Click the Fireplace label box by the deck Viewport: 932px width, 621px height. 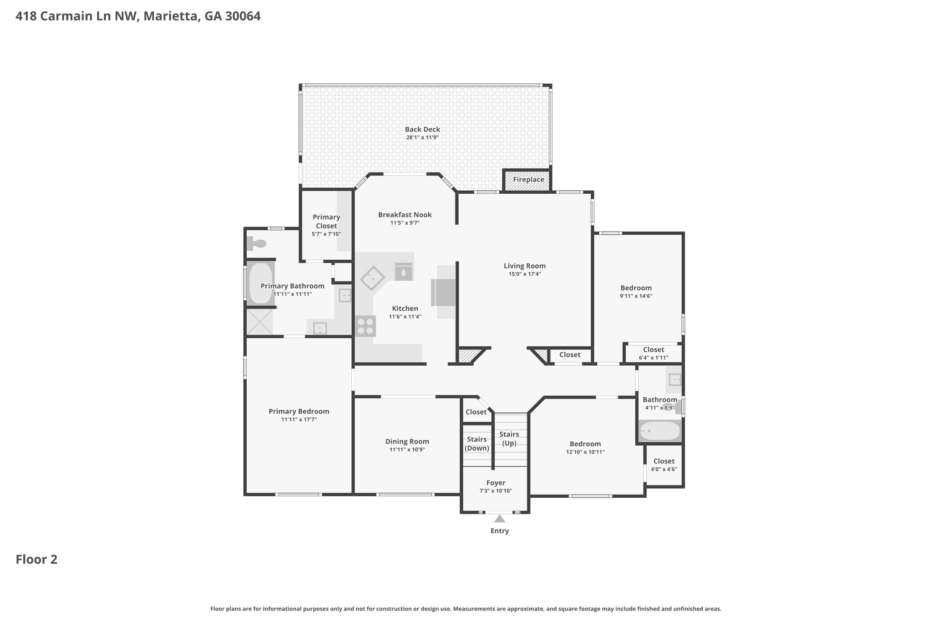pos(528,180)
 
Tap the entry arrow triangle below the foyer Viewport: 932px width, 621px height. pos(499,519)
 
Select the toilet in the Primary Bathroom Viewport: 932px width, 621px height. pos(257,244)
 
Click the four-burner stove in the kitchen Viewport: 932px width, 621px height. pos(365,326)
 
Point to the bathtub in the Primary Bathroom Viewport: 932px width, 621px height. pos(261,283)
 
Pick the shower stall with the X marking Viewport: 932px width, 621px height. pos(259,322)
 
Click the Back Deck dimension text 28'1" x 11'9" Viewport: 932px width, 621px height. pos(422,137)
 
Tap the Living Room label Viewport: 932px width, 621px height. pos(524,266)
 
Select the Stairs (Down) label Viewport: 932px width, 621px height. pos(476,444)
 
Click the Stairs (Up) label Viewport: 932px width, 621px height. pos(509,439)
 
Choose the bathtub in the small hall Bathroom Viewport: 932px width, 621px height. pos(660,431)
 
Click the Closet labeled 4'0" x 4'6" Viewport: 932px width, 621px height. pos(664,465)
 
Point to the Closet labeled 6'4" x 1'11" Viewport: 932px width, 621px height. pos(653,353)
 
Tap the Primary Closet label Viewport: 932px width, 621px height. pos(326,222)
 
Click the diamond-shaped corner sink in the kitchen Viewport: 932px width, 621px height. pos(372,278)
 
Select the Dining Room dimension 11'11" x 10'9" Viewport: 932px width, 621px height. pos(407,449)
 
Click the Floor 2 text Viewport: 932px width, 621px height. pos(36,559)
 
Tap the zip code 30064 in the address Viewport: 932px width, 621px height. pos(243,16)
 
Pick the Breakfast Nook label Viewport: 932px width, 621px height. pos(405,215)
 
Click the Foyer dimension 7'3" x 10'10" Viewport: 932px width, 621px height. pos(496,491)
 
